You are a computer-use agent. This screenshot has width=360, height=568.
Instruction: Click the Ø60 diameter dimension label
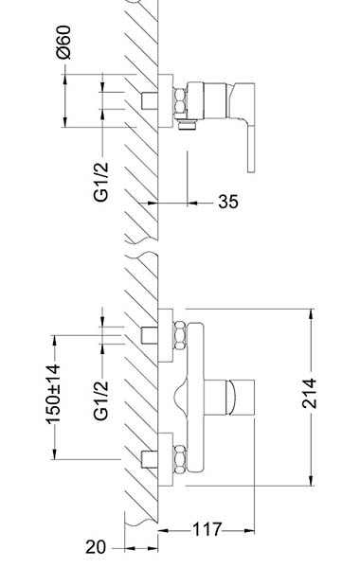pos(63,42)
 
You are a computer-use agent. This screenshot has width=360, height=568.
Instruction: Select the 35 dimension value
pos(228,202)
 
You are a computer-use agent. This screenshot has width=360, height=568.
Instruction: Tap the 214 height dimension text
pos(309,394)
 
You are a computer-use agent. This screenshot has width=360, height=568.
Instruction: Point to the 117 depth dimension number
pos(207,529)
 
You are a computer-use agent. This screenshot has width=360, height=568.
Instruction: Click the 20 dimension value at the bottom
pos(96,547)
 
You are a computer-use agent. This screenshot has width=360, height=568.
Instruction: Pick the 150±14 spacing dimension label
pos(53,394)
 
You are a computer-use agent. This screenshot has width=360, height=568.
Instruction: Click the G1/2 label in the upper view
pos(100,182)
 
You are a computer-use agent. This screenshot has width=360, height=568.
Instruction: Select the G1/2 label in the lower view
pos(100,400)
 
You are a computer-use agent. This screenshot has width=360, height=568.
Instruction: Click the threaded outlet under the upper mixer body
pos(188,125)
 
